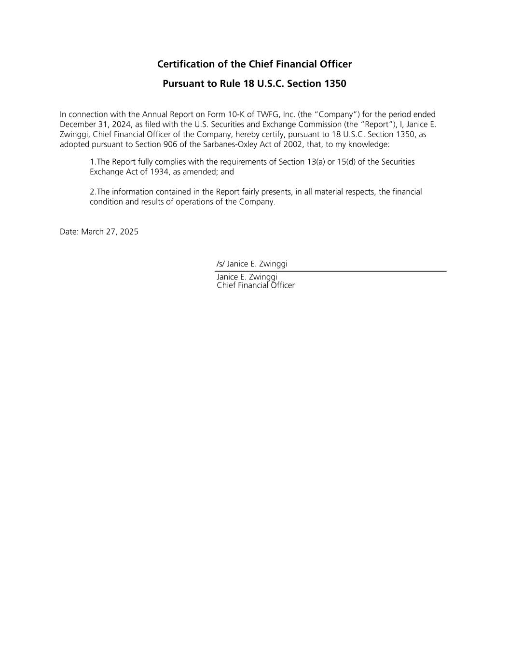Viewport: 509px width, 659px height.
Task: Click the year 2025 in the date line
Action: [x=129, y=232]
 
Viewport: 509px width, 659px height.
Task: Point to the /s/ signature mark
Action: [x=220, y=264]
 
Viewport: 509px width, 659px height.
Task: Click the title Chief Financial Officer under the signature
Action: [x=256, y=285]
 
